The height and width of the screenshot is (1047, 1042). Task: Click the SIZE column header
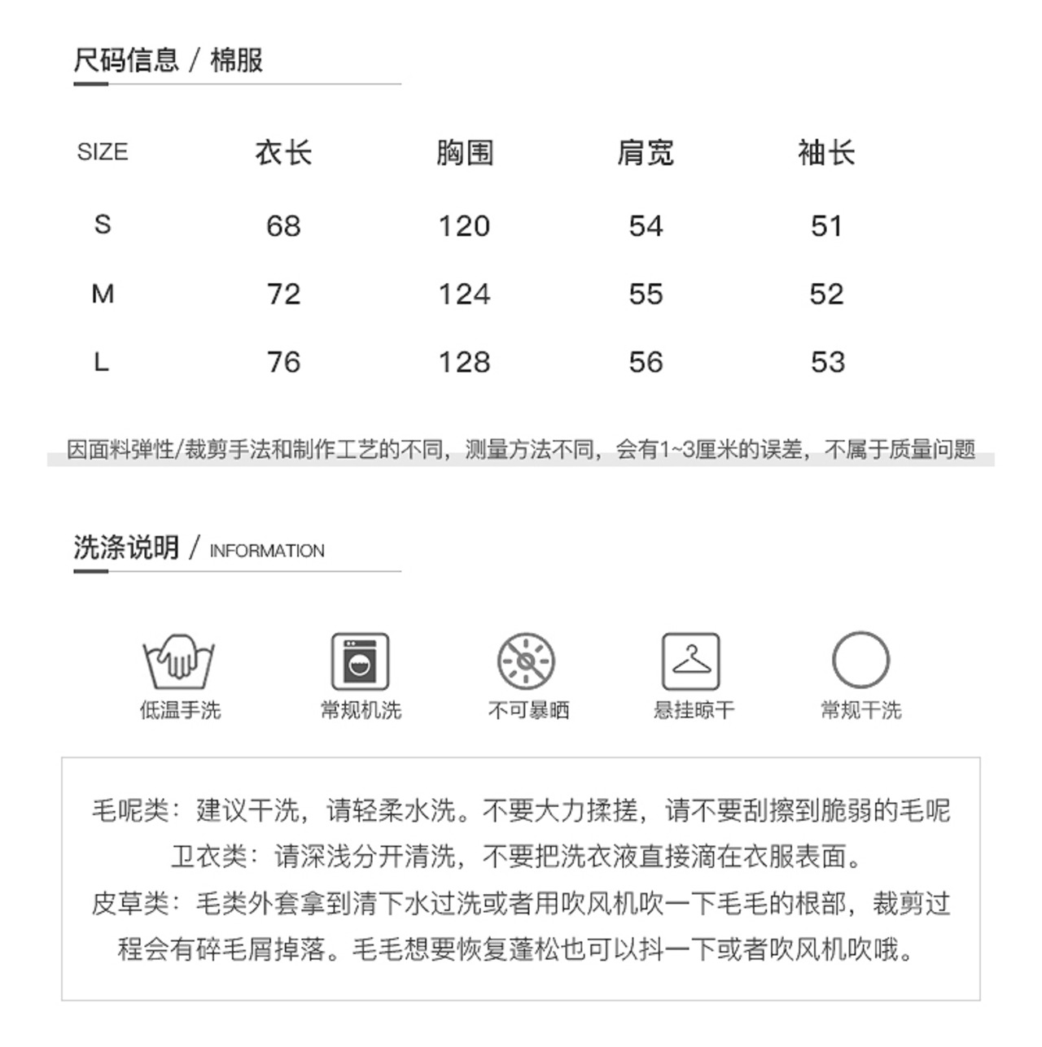pos(103,152)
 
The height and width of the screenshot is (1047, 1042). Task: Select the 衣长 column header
pos(283,152)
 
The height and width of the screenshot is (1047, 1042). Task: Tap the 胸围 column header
pos(465,152)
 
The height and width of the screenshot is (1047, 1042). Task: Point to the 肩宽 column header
pos(646,152)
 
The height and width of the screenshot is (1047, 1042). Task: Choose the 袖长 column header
pos(826,152)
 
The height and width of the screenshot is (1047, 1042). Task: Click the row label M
pos(103,294)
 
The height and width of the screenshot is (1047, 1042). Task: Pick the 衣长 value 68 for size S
pos(283,226)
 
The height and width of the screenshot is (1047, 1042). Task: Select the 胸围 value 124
pos(465,294)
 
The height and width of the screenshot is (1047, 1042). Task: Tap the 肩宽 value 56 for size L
pos(646,363)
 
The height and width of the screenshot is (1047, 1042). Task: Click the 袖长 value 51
pos(826,226)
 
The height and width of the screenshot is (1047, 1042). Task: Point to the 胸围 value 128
pos(465,363)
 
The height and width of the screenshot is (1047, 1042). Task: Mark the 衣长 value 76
pos(283,363)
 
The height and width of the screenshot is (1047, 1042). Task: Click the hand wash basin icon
pos(179,661)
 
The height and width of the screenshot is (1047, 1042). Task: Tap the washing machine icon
pos(360,661)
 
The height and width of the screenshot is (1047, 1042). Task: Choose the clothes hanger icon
pos(691,661)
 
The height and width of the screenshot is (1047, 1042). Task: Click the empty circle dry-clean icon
pos(860,660)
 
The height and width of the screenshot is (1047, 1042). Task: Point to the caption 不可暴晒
pos(528,710)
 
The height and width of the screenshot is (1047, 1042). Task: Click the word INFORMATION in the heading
pos(267,551)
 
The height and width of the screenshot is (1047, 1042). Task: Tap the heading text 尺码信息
pos(126,59)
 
